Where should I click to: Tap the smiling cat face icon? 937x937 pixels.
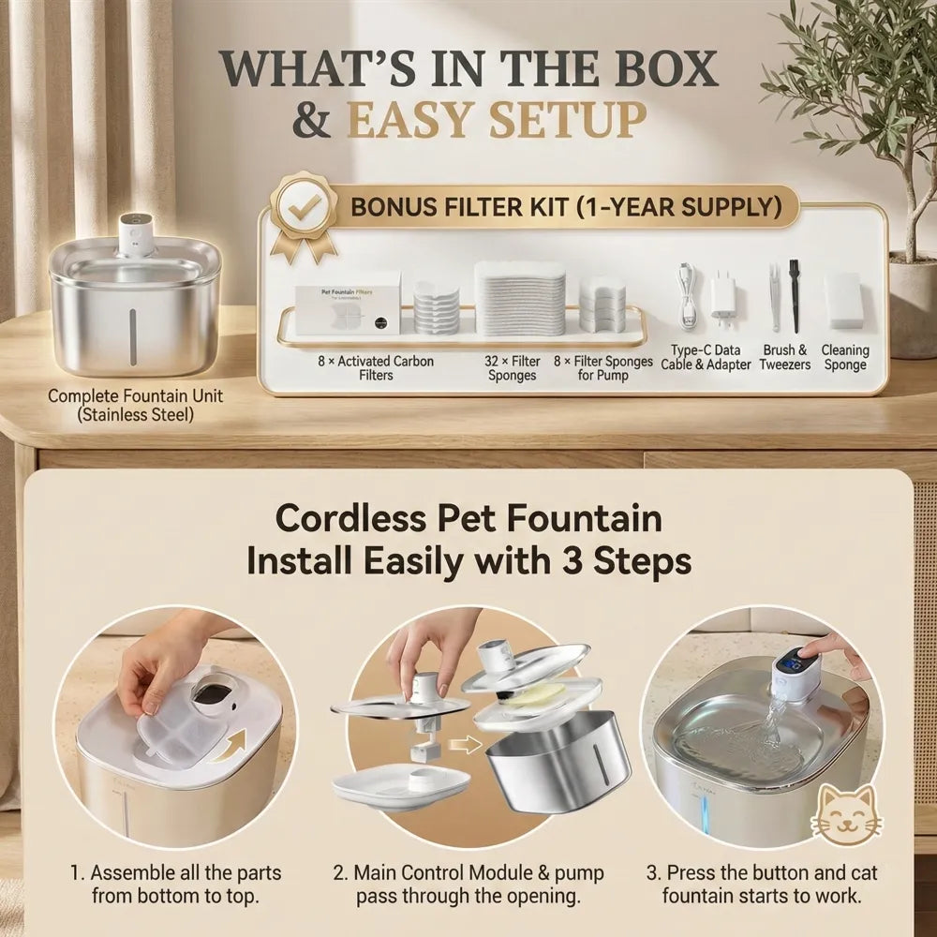click(846, 816)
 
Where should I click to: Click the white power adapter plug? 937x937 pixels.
click(724, 300)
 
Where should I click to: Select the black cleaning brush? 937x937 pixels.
click(795, 295)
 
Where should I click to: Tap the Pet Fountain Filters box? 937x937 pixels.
click(348, 310)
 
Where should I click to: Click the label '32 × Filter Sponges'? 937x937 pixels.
click(513, 368)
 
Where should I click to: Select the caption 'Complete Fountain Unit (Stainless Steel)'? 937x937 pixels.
click(135, 405)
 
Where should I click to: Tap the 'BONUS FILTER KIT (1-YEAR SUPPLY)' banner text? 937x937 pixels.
click(566, 207)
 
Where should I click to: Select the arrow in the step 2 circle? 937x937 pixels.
click(466, 745)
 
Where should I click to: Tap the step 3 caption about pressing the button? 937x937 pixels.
click(762, 885)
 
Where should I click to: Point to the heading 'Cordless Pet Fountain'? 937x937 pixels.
click(468, 517)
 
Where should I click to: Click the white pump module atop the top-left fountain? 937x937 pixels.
click(136, 235)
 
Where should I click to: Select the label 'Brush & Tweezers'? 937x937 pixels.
click(784, 357)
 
